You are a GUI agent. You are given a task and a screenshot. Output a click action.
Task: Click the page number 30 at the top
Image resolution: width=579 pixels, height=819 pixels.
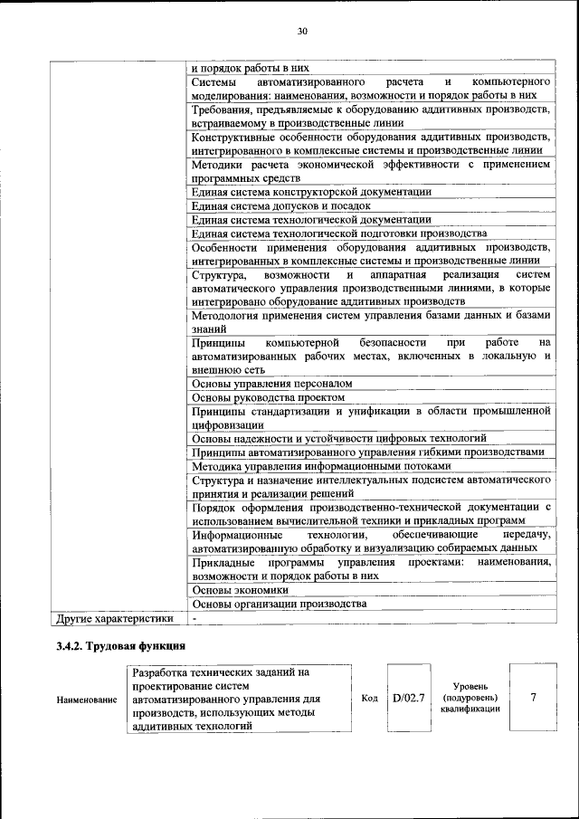tap(302, 32)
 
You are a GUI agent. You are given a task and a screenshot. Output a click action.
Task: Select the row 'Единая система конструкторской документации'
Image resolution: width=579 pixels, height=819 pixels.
tap(311, 192)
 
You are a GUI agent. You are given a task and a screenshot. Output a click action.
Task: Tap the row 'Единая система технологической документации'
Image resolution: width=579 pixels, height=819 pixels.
tap(311, 219)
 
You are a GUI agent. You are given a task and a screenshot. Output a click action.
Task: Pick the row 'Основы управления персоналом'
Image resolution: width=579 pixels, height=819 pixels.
tap(271, 384)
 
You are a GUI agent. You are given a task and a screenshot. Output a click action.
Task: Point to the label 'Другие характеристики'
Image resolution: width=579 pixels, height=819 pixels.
tap(114, 619)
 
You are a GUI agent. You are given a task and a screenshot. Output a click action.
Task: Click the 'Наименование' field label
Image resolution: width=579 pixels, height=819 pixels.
tap(87, 700)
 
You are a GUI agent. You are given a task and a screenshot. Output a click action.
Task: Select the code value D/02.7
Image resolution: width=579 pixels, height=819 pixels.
tap(409, 699)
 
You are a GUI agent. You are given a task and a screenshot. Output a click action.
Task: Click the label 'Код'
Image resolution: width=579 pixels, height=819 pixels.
tap(369, 699)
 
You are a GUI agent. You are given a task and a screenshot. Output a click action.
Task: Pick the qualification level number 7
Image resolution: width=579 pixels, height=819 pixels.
tap(533, 699)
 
